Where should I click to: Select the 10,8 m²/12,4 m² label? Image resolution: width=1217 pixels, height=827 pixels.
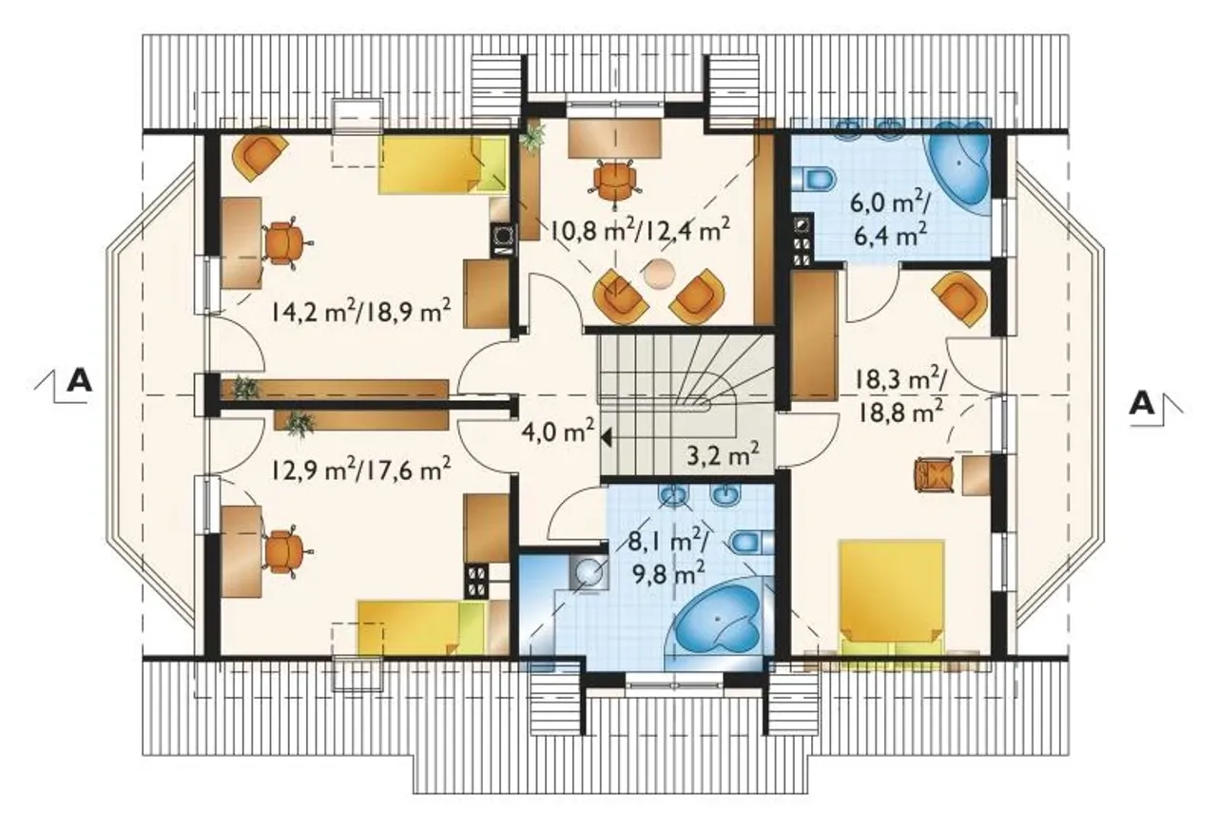[639, 232]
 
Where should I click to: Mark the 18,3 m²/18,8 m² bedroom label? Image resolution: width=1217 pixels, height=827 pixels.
[900, 397]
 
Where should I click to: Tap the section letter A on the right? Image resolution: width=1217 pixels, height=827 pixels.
[1142, 404]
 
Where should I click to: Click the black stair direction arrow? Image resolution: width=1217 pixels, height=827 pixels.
[606, 436]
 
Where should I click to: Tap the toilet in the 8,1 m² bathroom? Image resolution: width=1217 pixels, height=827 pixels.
[751, 542]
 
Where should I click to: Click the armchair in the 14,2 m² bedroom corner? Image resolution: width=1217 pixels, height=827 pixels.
[260, 156]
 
